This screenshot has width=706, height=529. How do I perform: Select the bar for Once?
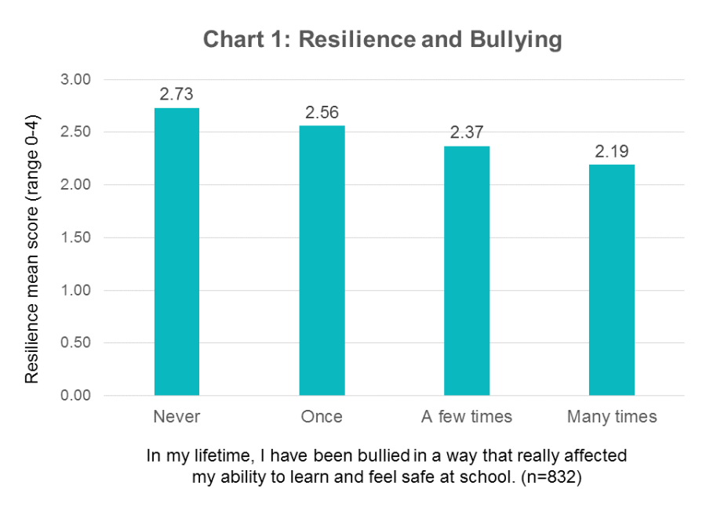click(x=322, y=260)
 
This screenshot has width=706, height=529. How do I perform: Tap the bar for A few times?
click(x=467, y=270)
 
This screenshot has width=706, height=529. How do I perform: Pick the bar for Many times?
click(x=611, y=280)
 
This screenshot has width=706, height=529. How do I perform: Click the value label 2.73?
click(x=176, y=94)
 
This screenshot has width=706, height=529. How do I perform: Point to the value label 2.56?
click(x=322, y=113)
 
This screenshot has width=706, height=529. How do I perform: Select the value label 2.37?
click(x=467, y=132)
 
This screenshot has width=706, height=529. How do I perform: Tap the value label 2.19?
click(x=611, y=151)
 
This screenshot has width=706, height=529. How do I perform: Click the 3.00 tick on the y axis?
click(x=76, y=80)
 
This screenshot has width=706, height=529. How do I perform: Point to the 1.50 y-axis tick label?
click(x=76, y=237)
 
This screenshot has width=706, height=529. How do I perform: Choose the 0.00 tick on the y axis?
click(x=76, y=396)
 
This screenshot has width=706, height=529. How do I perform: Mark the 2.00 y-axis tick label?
click(x=76, y=185)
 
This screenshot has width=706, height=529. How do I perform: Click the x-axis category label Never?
click(x=176, y=417)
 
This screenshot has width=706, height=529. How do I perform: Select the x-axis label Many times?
click(x=611, y=417)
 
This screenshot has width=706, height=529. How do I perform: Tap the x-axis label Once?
click(x=322, y=417)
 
